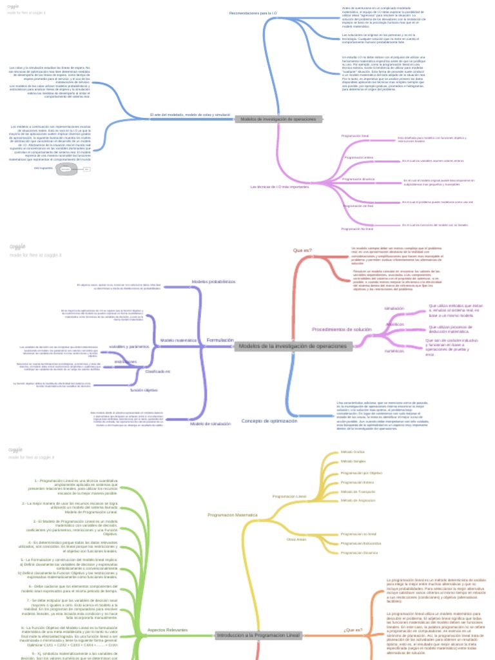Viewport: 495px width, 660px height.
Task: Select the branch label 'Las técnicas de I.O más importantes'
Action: (280, 187)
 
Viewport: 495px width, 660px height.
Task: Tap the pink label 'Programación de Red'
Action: (358, 206)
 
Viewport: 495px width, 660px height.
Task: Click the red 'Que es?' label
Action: (302, 250)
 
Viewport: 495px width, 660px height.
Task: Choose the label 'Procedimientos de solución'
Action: (342, 329)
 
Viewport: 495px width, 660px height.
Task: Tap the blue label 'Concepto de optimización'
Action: (269, 421)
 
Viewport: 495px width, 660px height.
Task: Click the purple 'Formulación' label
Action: (220, 340)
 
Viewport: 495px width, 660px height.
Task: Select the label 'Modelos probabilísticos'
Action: (213, 282)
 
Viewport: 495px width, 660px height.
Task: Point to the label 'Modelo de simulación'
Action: (210, 424)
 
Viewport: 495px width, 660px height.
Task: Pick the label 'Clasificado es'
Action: (158, 372)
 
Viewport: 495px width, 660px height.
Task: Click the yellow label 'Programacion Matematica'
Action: (232, 516)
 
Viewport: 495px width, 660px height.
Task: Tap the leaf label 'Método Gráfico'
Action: (353, 452)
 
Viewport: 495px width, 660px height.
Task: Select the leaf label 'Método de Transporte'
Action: (358, 491)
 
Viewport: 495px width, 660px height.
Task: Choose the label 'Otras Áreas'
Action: (296, 538)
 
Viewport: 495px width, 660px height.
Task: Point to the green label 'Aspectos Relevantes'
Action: (168, 630)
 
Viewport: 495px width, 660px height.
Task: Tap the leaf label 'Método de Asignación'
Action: (358, 500)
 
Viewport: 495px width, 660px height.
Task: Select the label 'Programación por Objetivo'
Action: (362, 472)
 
